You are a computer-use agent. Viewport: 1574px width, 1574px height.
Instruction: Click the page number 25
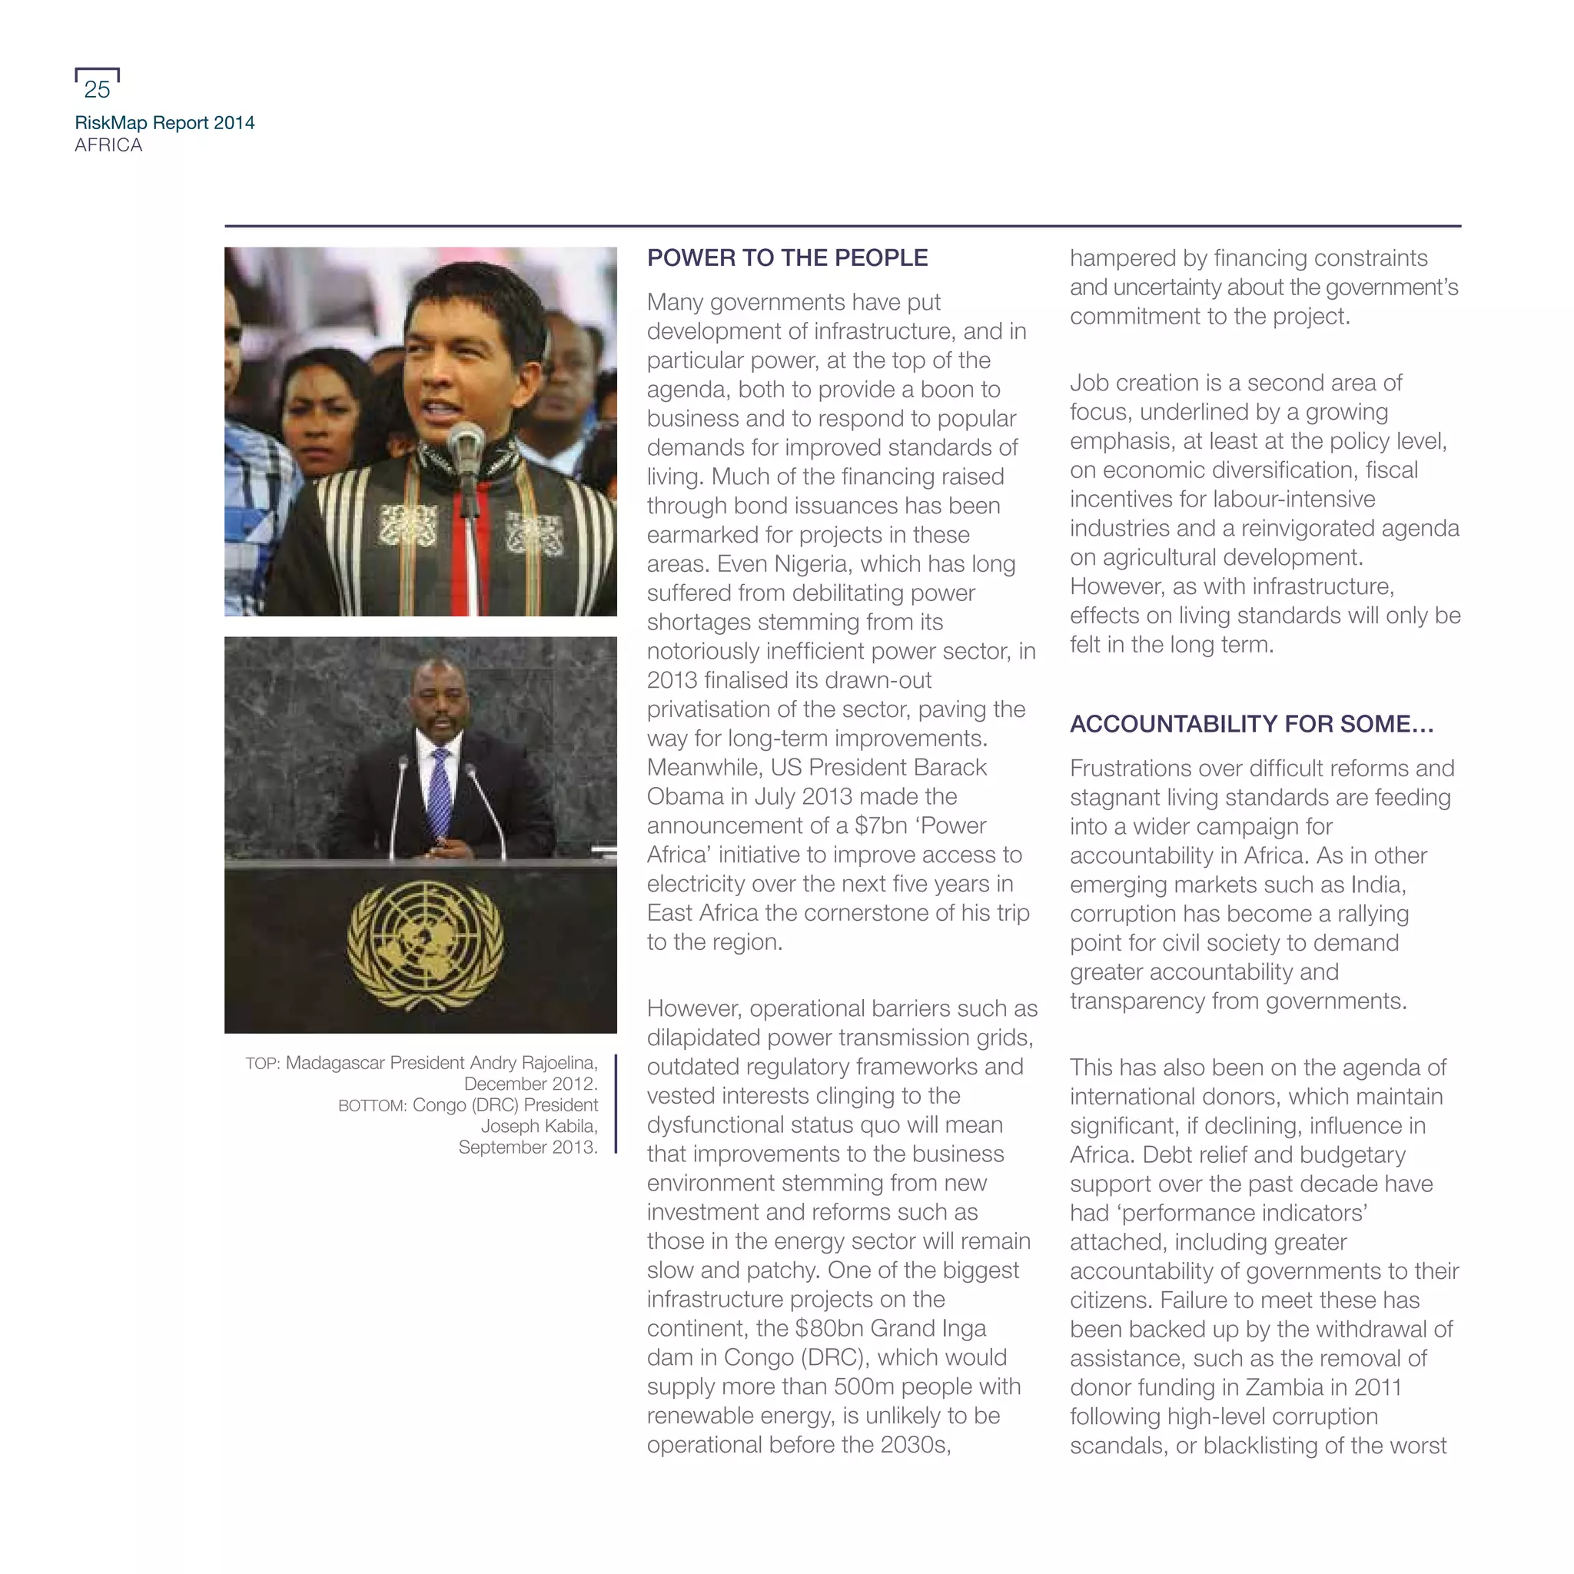pyautogui.click(x=97, y=89)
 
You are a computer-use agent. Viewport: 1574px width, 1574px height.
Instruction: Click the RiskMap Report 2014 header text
pyautogui.click(x=164, y=123)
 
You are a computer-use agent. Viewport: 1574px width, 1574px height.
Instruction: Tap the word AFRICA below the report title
pyautogui.click(x=108, y=145)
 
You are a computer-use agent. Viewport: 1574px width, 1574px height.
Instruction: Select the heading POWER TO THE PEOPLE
pyautogui.click(x=787, y=258)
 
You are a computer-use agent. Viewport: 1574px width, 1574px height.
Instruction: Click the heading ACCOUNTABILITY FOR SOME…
pyautogui.click(x=1251, y=724)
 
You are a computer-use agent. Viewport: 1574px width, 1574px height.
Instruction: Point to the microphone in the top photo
pyautogui.click(x=465, y=444)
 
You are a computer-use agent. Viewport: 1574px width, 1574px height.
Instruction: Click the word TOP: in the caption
pyautogui.click(x=262, y=1064)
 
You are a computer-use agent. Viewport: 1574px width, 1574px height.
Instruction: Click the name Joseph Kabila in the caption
pyautogui.click(x=539, y=1127)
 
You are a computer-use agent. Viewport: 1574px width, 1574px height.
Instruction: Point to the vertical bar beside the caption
pyautogui.click(x=616, y=1104)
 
